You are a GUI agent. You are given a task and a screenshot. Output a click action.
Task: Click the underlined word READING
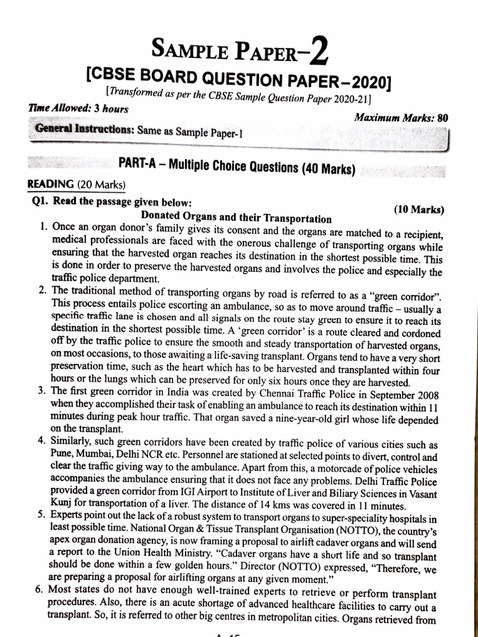(x=48, y=184)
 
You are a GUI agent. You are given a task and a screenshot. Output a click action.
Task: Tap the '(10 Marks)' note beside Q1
(x=419, y=210)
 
